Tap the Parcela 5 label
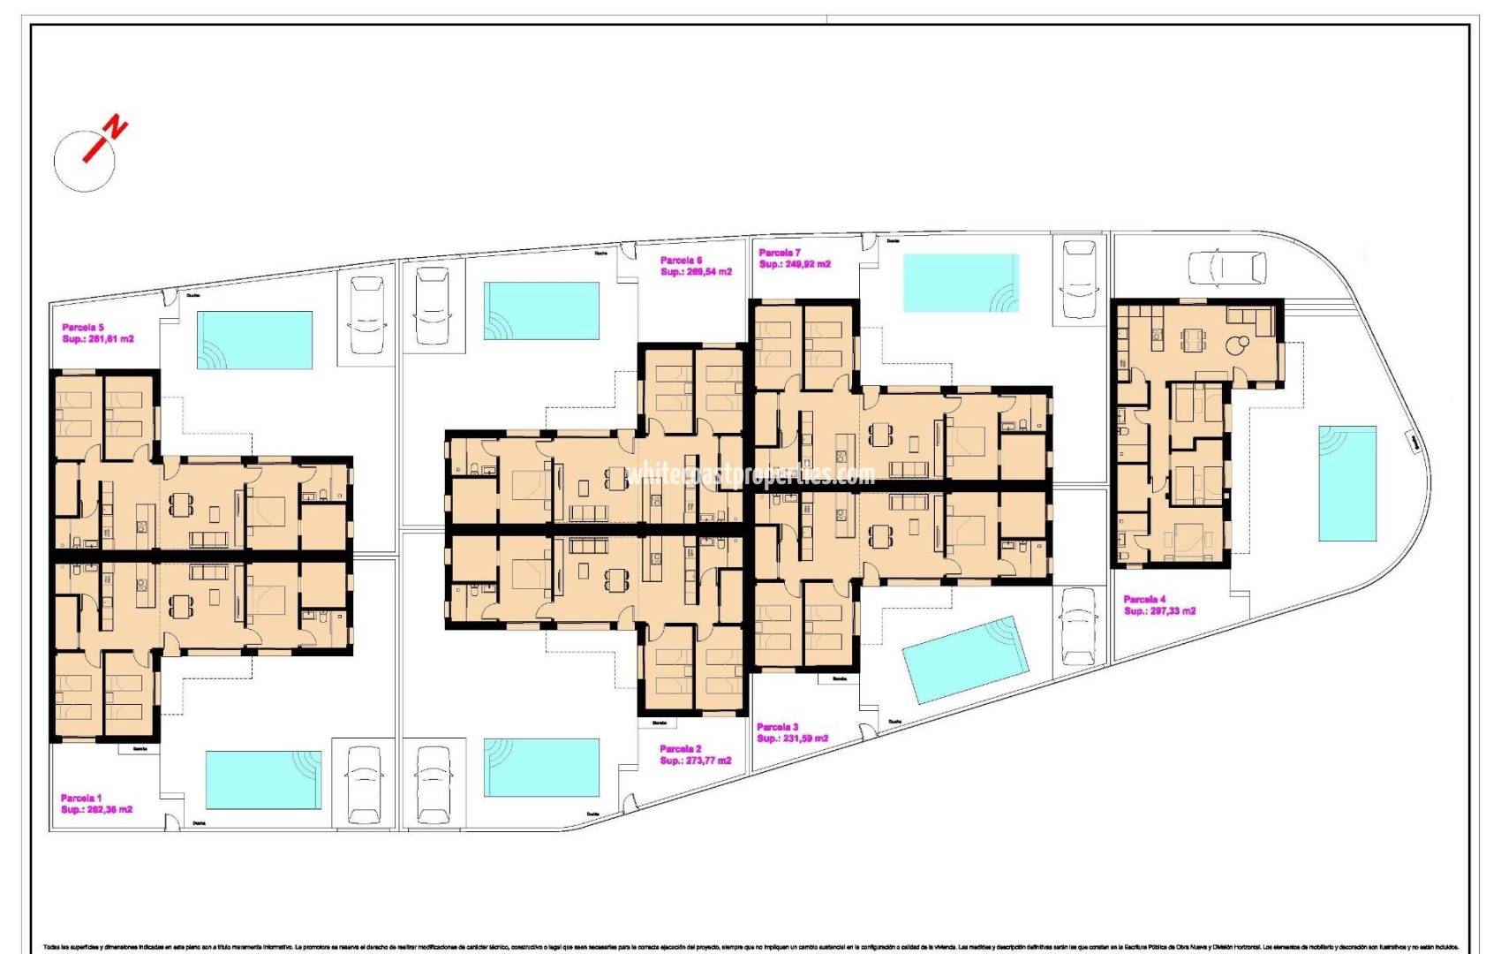[83, 328]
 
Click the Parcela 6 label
[681, 261]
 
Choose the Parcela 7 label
[779, 253]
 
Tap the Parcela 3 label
[777, 727]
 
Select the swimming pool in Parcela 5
[254, 340]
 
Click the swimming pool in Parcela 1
[263, 779]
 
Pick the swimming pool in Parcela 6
[541, 311]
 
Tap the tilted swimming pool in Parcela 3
[965, 660]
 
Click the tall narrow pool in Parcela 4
[1347, 483]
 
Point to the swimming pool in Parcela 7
[961, 283]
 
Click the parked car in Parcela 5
[366, 314]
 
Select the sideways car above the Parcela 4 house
[1226, 268]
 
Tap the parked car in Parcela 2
[433, 784]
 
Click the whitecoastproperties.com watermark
[750, 475]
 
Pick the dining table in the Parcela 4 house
[1193, 338]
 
